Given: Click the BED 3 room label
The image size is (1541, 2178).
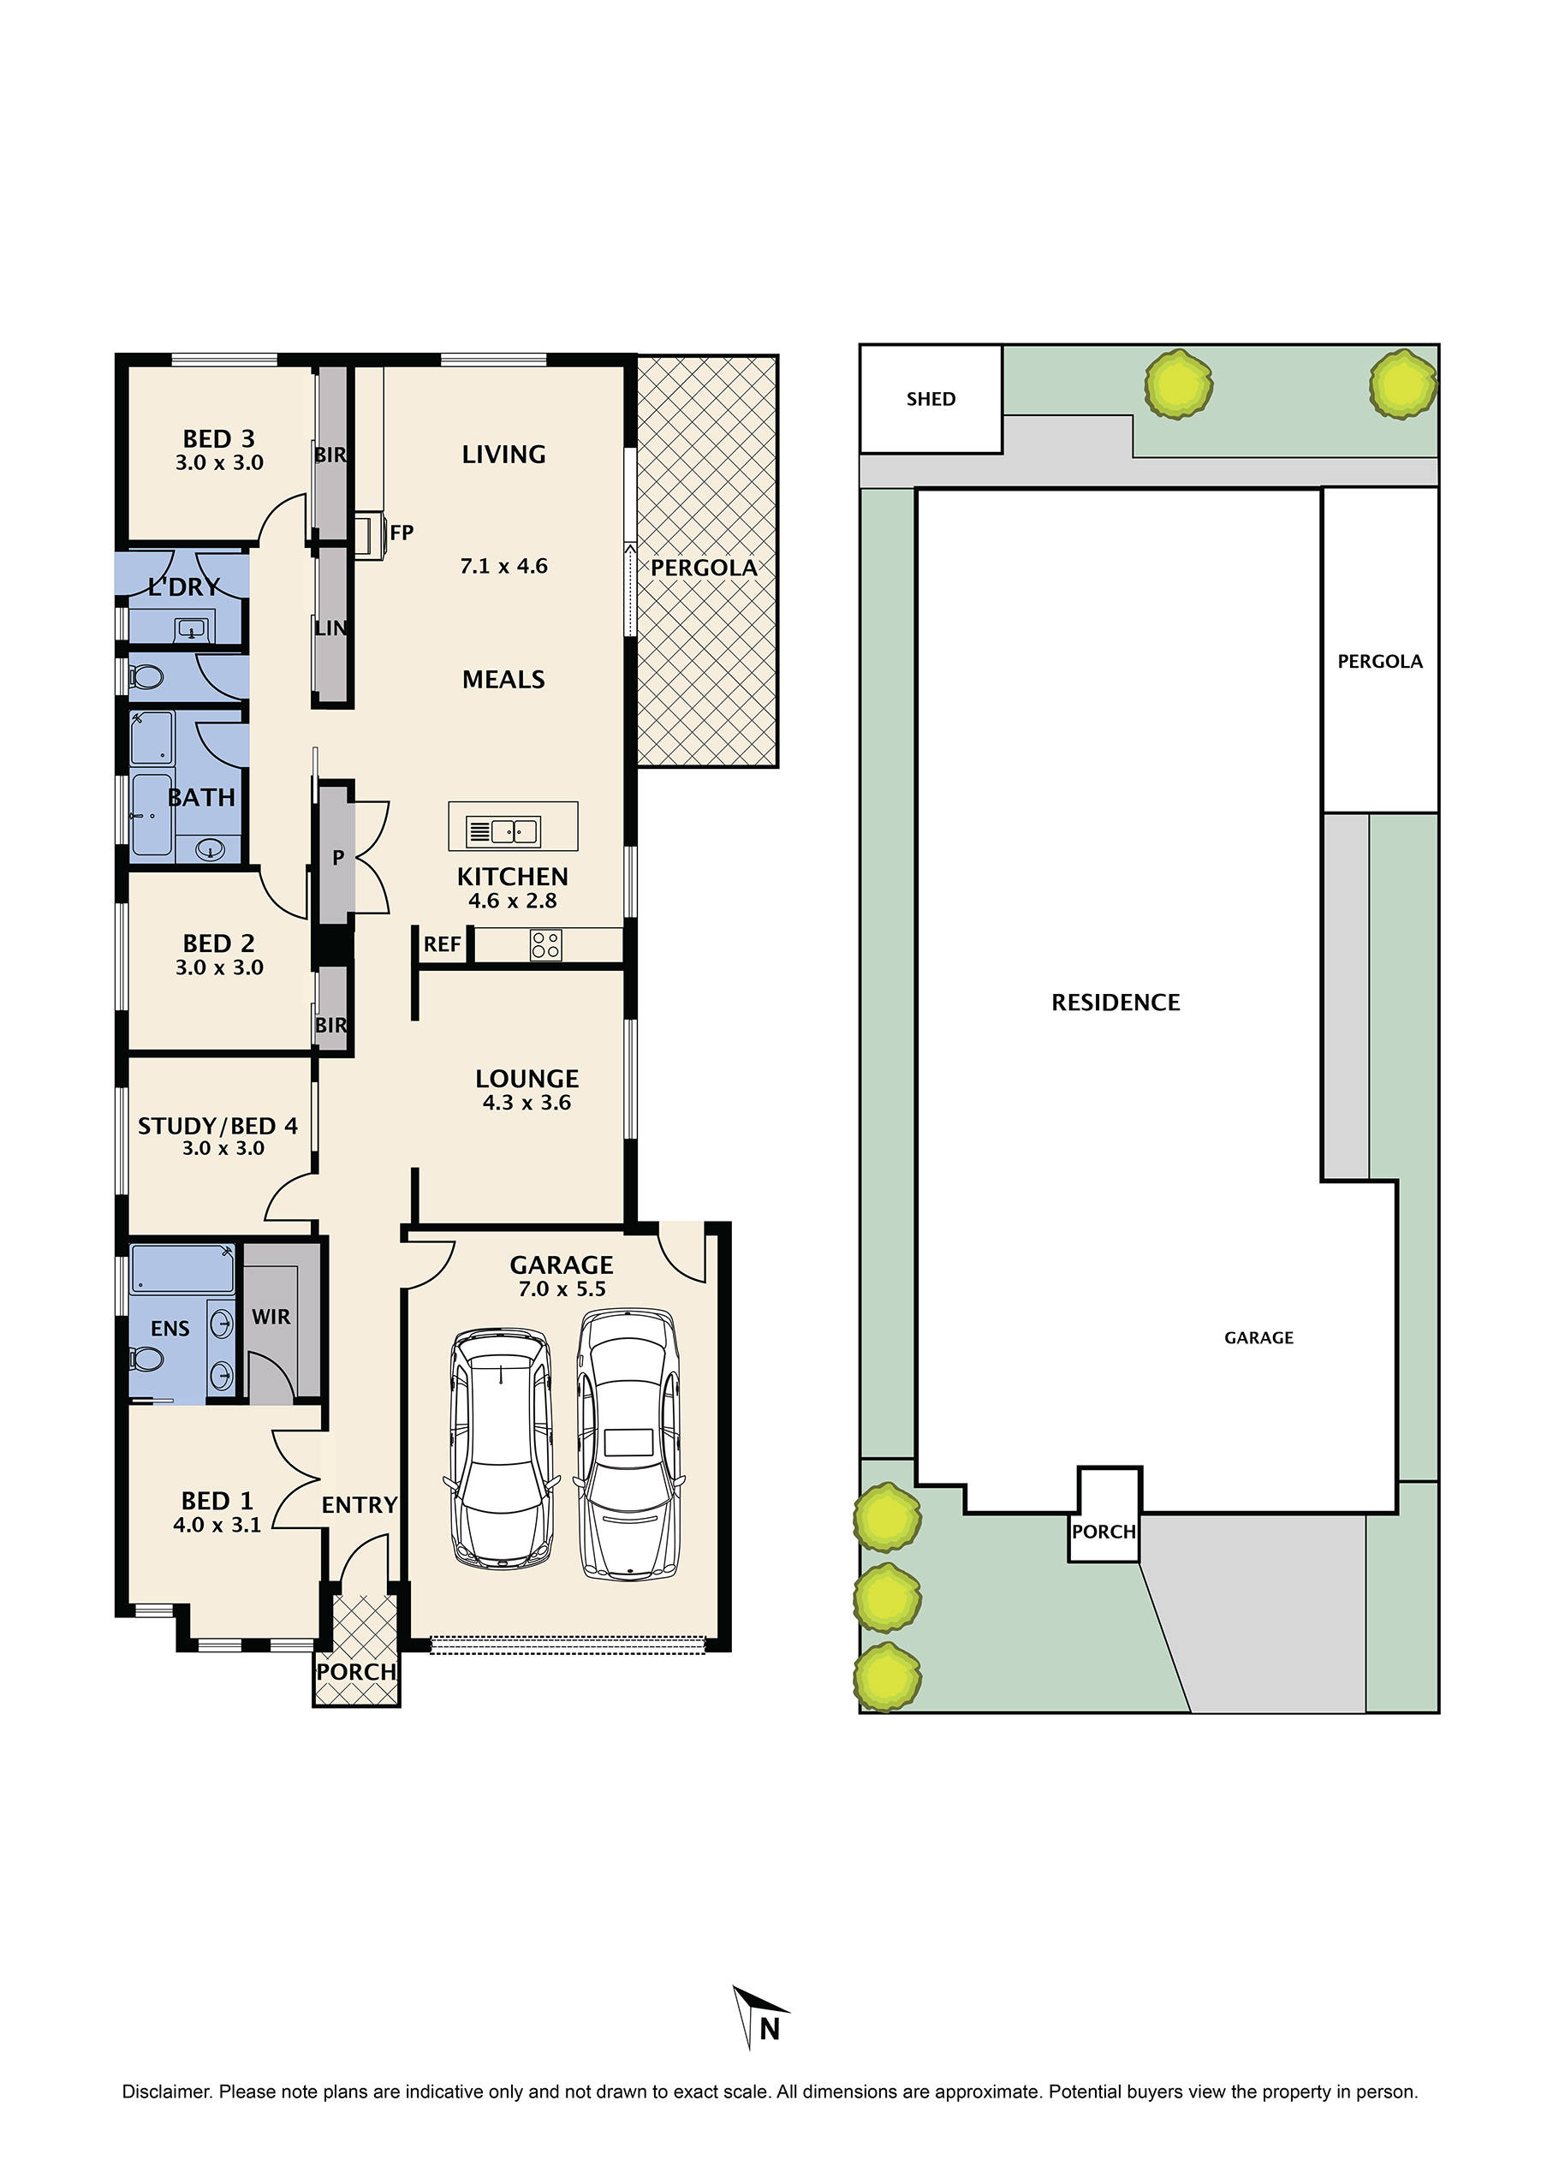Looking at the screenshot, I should [218, 439].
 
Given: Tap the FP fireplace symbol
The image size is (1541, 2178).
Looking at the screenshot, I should [369, 535].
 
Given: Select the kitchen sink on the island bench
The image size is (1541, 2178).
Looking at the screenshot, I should [503, 831].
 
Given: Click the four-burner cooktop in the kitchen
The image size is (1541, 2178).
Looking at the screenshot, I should [545, 945].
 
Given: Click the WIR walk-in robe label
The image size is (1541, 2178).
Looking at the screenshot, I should [271, 1318].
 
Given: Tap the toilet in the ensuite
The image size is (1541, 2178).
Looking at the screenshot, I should [147, 1359].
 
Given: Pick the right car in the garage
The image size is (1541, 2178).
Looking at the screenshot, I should [628, 1445].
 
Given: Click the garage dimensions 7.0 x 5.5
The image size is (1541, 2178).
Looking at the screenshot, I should [562, 1288].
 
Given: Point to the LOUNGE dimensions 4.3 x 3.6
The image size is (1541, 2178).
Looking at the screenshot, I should [527, 1103].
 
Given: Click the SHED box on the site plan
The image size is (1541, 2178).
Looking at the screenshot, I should [930, 399].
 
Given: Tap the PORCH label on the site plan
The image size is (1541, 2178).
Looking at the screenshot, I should [1103, 1532].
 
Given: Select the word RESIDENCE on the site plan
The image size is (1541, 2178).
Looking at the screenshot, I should [1115, 1003].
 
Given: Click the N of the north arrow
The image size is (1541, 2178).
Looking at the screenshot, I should [770, 2029].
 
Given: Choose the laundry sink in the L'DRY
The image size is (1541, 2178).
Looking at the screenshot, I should [192, 628].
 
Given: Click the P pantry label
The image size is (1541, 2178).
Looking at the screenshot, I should [338, 858].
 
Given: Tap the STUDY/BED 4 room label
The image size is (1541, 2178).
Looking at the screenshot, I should [217, 1127].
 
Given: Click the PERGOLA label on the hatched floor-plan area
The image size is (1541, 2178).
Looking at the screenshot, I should [703, 568].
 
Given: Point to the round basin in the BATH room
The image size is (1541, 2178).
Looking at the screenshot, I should [210, 849].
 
